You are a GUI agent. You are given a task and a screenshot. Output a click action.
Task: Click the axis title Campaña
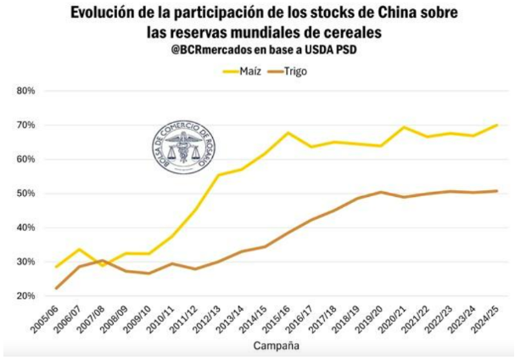pyautogui.click(x=277, y=346)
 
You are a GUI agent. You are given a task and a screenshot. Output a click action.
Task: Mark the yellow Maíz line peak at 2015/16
pyautogui.click(x=288, y=132)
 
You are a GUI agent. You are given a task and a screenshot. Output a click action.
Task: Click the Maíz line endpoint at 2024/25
pyautogui.click(x=496, y=125)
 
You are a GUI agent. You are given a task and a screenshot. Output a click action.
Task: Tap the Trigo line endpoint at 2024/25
pyautogui.click(x=496, y=191)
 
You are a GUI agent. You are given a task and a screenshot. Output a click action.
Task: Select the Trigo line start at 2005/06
pyautogui.click(x=56, y=288)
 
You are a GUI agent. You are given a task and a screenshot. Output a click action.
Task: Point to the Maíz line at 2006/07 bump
pyautogui.click(x=79, y=250)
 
